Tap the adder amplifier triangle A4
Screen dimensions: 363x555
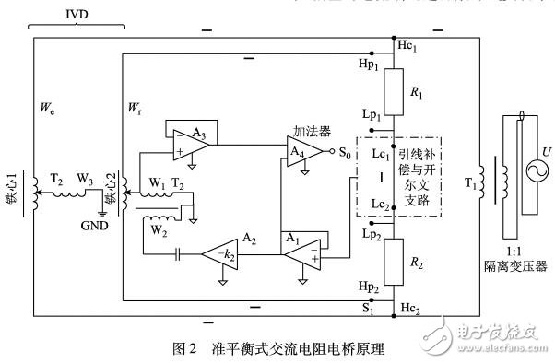(x=312, y=151)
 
